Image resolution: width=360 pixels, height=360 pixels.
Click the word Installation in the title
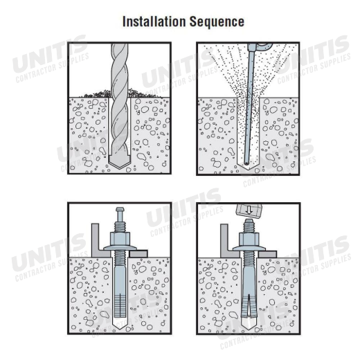pyautogui.click(x=154, y=21)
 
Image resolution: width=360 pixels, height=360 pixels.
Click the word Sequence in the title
pyautogui.click(x=217, y=22)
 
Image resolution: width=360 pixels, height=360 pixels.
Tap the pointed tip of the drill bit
pyautogui.click(x=120, y=168)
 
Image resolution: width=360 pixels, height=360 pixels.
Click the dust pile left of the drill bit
pyautogui.click(x=96, y=93)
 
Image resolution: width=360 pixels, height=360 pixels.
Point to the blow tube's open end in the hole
pyautogui.click(x=246, y=163)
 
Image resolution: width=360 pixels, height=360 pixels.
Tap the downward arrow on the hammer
pyautogui.click(x=249, y=210)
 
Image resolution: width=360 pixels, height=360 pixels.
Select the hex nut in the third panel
pyautogui.click(x=120, y=239)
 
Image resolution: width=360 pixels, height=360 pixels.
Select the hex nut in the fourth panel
pyautogui.click(x=249, y=240)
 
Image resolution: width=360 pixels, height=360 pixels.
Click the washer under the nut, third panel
pyautogui.click(x=120, y=248)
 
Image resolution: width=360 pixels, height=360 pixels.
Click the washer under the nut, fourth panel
pyautogui.click(x=249, y=249)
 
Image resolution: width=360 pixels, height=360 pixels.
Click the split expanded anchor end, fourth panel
pyautogui.click(x=249, y=305)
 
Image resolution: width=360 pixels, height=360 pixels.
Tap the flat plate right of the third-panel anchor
pyautogui.click(x=138, y=253)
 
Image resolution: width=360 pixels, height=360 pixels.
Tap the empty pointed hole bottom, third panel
pyautogui.click(x=120, y=324)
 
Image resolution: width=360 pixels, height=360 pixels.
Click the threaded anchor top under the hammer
pyautogui.click(x=249, y=226)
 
